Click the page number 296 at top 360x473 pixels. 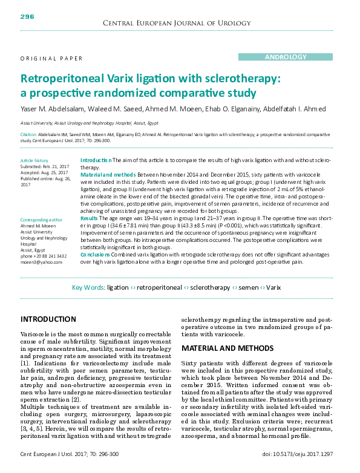[x=28, y=16]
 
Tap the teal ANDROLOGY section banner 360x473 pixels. [x=286, y=57]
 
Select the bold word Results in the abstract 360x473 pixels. [x=89, y=218]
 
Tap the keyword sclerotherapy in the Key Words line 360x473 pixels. [x=210, y=288]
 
